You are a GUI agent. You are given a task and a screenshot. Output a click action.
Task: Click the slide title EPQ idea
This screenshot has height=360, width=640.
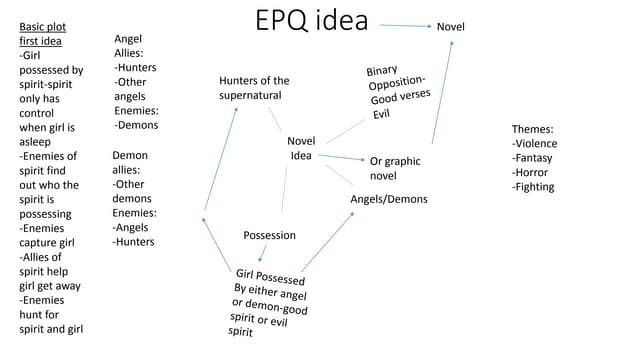[312, 21]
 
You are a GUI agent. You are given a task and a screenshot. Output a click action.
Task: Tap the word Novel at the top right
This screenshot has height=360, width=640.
[450, 26]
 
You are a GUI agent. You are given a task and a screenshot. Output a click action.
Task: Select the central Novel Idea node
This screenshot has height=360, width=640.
[301, 148]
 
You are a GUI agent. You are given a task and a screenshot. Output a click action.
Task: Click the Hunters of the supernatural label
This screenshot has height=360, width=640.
[254, 88]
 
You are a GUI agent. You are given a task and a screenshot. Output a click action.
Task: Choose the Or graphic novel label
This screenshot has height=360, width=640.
[395, 168]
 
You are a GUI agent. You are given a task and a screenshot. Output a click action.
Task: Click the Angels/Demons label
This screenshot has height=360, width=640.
[388, 199]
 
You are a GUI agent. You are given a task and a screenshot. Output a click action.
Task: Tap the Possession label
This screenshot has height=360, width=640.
[269, 235]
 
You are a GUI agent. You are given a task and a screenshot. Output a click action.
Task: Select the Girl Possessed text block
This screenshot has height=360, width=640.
[268, 303]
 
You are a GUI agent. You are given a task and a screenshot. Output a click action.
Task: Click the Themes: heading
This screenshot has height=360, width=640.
[532, 129]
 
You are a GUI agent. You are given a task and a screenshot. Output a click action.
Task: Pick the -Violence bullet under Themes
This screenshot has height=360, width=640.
[534, 143]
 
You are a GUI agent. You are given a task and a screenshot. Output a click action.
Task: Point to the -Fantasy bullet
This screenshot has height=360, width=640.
[533, 158]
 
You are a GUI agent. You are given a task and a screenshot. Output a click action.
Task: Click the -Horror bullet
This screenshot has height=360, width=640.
[530, 172]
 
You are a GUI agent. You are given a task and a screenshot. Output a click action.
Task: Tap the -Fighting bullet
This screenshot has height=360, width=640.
[532, 187]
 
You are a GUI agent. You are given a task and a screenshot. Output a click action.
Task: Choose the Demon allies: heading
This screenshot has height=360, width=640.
[130, 163]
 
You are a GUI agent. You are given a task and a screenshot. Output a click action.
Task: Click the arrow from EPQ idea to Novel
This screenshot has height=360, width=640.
[403, 25]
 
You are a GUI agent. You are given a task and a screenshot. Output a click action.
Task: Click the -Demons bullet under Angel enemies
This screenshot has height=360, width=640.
[136, 125]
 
